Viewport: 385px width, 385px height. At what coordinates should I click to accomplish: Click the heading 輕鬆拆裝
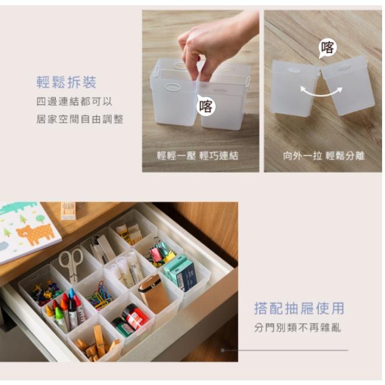(x=66, y=83)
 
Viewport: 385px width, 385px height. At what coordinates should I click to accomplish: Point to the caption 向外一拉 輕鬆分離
(x=323, y=156)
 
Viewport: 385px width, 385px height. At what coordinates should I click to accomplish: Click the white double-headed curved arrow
(x=321, y=90)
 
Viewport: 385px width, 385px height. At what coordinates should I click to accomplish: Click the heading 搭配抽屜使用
(x=299, y=308)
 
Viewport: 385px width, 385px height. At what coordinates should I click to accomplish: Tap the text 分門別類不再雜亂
(x=297, y=327)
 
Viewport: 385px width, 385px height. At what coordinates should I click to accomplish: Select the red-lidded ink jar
(x=135, y=316)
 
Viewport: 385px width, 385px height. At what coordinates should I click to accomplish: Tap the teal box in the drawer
(x=180, y=272)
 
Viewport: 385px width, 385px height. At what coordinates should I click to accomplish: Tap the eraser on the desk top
(x=69, y=211)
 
